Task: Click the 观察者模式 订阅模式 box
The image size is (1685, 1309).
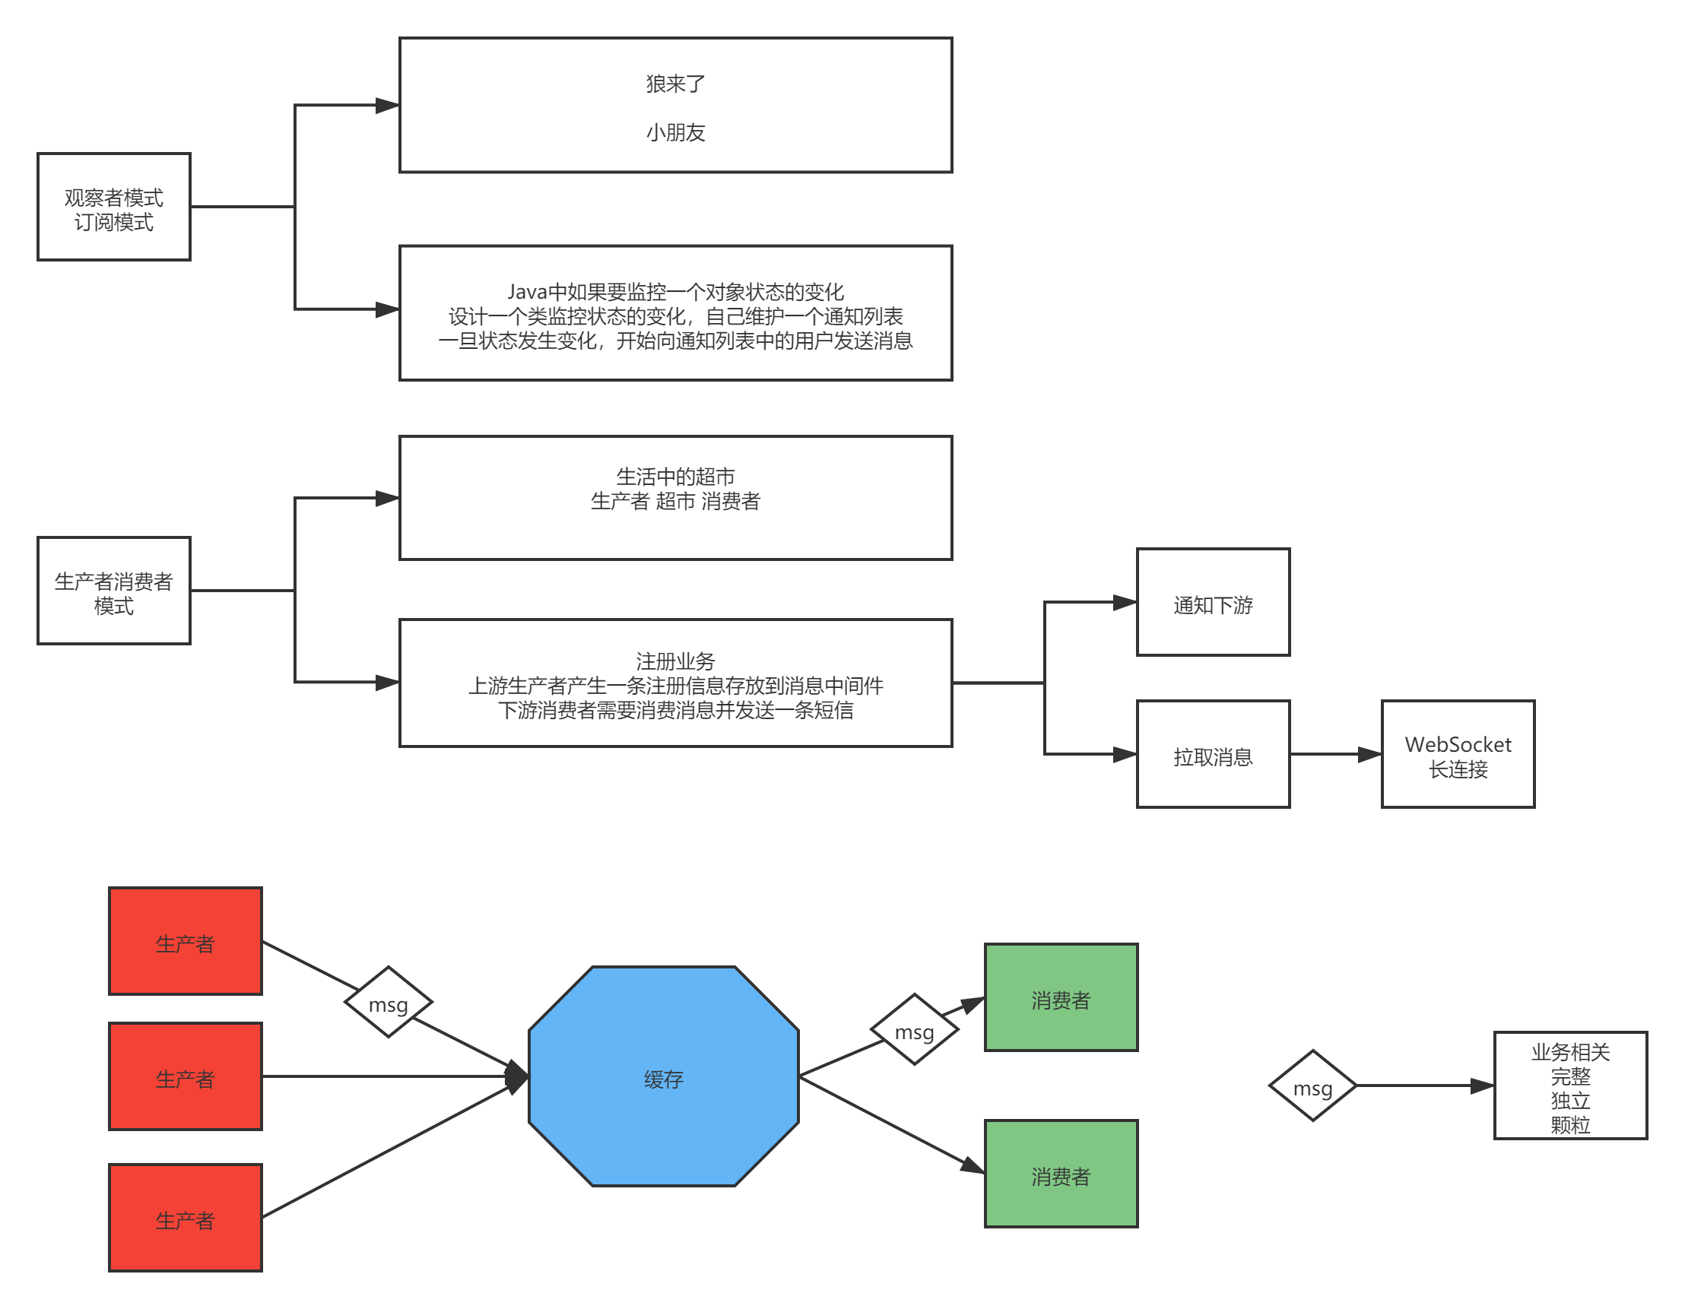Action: (x=113, y=207)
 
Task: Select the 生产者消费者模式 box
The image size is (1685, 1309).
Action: (x=113, y=591)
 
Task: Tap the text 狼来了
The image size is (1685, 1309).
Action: (x=675, y=84)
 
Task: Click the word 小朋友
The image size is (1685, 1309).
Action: (x=675, y=133)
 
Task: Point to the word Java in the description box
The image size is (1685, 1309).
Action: (x=526, y=292)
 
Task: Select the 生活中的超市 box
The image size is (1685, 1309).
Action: (x=675, y=498)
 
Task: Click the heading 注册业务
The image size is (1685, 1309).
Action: (x=675, y=661)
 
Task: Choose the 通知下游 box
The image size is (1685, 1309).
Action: (x=1213, y=603)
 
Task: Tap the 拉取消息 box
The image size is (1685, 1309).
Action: (x=1213, y=754)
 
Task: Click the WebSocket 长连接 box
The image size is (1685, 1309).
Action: (x=1458, y=754)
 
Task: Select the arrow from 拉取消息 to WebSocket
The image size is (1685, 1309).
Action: (x=1334, y=754)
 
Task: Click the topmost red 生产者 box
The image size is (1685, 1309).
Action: (x=186, y=941)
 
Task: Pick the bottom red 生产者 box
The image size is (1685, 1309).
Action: (x=186, y=1218)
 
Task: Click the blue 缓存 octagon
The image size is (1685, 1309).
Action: (x=664, y=1077)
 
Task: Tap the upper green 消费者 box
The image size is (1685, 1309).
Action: (x=1061, y=997)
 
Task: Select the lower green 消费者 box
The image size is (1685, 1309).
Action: (x=1061, y=1174)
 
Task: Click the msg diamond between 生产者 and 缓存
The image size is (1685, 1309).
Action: (x=388, y=1003)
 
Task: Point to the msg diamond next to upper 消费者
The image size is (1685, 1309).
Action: (x=914, y=1030)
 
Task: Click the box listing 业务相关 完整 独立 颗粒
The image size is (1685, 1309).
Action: (x=1570, y=1086)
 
